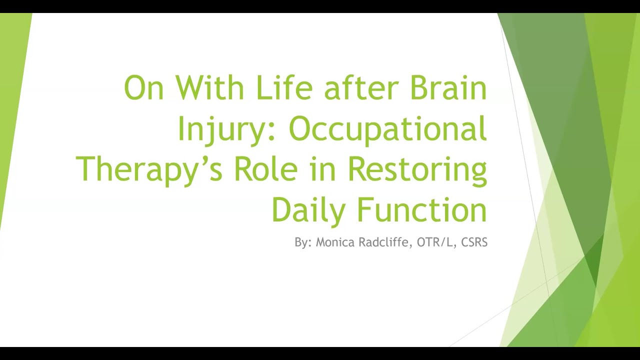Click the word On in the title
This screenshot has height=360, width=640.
(144, 87)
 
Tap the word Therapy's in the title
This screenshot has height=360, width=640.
(149, 170)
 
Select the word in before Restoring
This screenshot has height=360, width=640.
(322, 169)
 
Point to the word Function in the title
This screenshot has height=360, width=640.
(422, 209)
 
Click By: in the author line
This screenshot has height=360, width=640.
(303, 243)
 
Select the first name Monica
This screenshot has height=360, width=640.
(335, 242)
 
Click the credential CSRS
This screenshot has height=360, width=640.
(474, 242)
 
